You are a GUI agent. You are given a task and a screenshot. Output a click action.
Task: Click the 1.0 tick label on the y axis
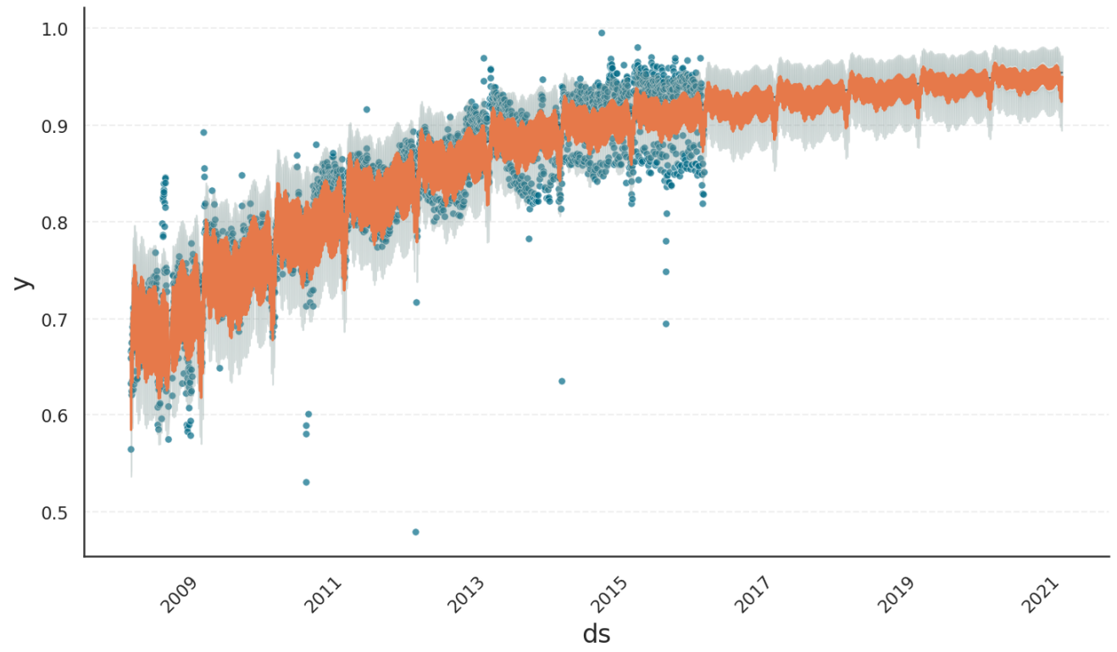click(54, 30)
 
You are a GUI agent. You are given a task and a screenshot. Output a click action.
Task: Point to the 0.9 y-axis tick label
click(54, 126)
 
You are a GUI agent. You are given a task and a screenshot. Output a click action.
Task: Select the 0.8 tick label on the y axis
click(54, 223)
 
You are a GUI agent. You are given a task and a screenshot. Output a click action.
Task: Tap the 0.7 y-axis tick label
click(54, 319)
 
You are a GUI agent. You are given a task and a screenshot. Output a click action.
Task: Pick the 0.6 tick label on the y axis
click(54, 416)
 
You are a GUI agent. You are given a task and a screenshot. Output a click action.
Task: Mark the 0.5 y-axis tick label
click(54, 512)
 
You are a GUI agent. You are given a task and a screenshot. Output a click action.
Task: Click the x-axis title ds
click(597, 634)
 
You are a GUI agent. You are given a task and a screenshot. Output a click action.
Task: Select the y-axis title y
click(24, 282)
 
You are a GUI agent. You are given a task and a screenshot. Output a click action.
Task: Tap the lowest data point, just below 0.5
click(415, 532)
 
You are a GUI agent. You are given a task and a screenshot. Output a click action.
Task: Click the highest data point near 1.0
click(602, 33)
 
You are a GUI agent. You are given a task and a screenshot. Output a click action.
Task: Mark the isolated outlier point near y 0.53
click(306, 482)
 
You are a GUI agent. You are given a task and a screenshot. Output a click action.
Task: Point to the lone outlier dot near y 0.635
click(562, 381)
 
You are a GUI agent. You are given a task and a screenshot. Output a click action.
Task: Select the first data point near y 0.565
click(131, 449)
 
